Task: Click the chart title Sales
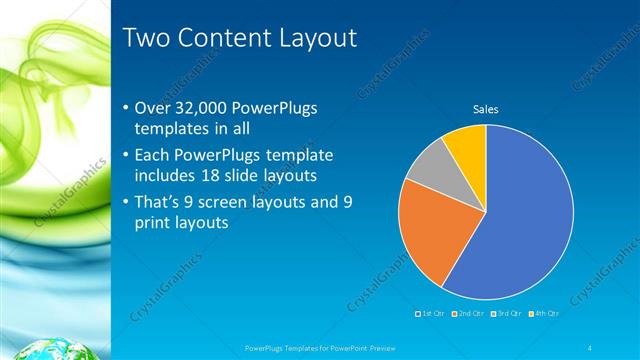coord(486,109)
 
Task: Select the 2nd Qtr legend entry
coord(469,314)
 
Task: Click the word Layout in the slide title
coord(314,39)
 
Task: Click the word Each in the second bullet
coord(153,156)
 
